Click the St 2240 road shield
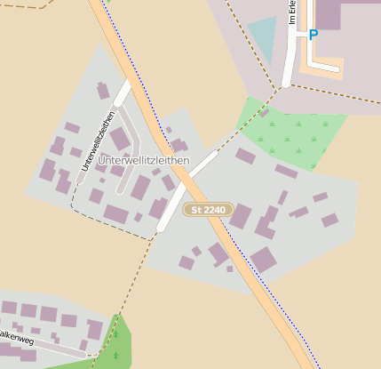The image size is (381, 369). pyautogui.click(x=208, y=210)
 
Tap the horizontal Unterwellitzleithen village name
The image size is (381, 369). pyautogui.click(x=144, y=160)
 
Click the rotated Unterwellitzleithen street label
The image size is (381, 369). pyautogui.click(x=99, y=140)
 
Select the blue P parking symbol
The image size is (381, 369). pyautogui.click(x=313, y=36)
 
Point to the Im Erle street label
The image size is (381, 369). pyautogui.click(x=291, y=11)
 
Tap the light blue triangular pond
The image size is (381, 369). pyautogui.click(x=264, y=36)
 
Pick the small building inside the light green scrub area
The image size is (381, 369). pyautogui.click(x=265, y=113)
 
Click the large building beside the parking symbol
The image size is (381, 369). pyautogui.click(x=327, y=13)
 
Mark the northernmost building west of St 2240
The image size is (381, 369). pyautogui.click(x=104, y=90)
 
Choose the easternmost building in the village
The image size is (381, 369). pyautogui.click(x=329, y=220)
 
